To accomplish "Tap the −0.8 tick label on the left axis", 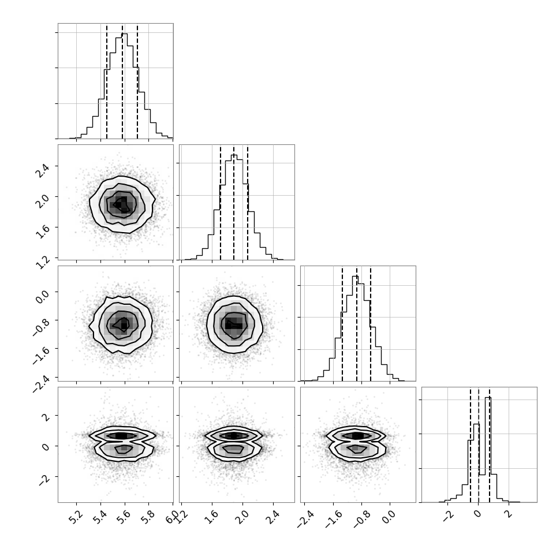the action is coord(40,326).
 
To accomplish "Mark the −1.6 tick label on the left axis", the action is coord(40,354).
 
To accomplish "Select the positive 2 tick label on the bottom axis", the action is coord(509,514).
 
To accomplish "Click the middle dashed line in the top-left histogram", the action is coord(122,81).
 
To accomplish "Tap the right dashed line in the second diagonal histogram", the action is coord(248,203).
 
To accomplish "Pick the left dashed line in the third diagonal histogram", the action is coord(342,324).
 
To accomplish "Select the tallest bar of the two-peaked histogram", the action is coord(488,450).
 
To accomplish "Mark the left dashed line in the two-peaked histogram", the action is coord(471,445).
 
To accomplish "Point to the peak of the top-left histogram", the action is coord(124,34).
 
